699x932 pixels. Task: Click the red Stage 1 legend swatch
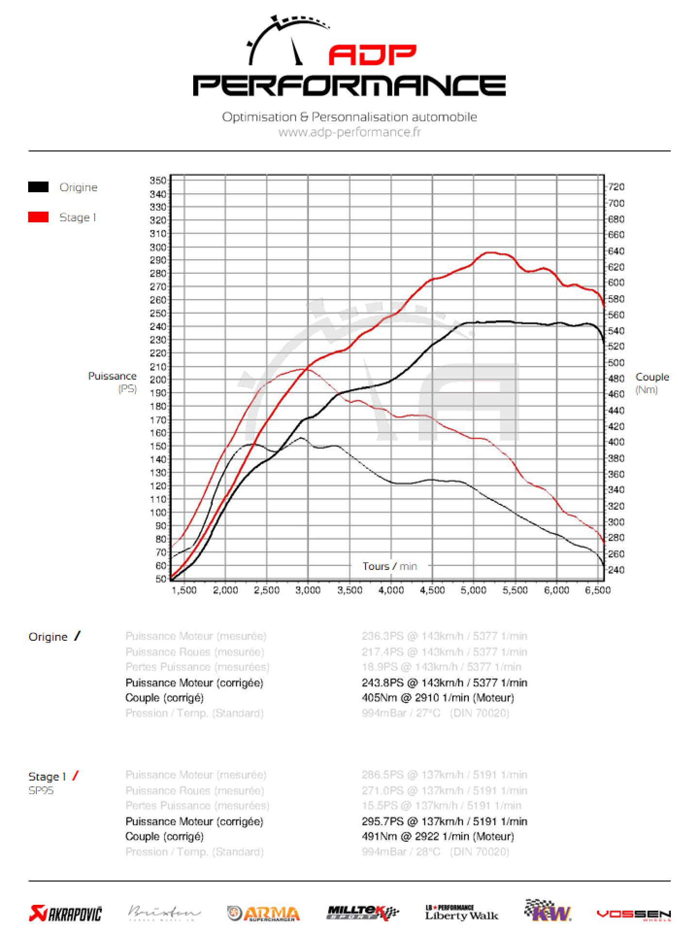click(38, 217)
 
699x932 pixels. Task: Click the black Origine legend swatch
click(38, 187)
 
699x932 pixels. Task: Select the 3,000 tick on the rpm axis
click(308, 590)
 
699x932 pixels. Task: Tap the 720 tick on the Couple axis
click(616, 187)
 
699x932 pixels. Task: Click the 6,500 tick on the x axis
click(599, 590)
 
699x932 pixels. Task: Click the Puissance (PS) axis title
click(112, 382)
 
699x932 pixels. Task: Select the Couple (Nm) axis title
click(652, 383)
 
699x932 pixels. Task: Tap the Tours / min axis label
click(389, 566)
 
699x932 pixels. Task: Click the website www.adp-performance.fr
click(349, 132)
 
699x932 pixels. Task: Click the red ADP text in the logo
click(372, 55)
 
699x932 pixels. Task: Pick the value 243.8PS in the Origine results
click(383, 682)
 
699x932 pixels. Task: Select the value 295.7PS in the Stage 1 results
click(383, 821)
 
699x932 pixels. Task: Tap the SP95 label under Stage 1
click(41, 791)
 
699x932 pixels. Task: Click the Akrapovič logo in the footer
click(66, 914)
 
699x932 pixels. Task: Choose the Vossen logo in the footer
click(633, 915)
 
